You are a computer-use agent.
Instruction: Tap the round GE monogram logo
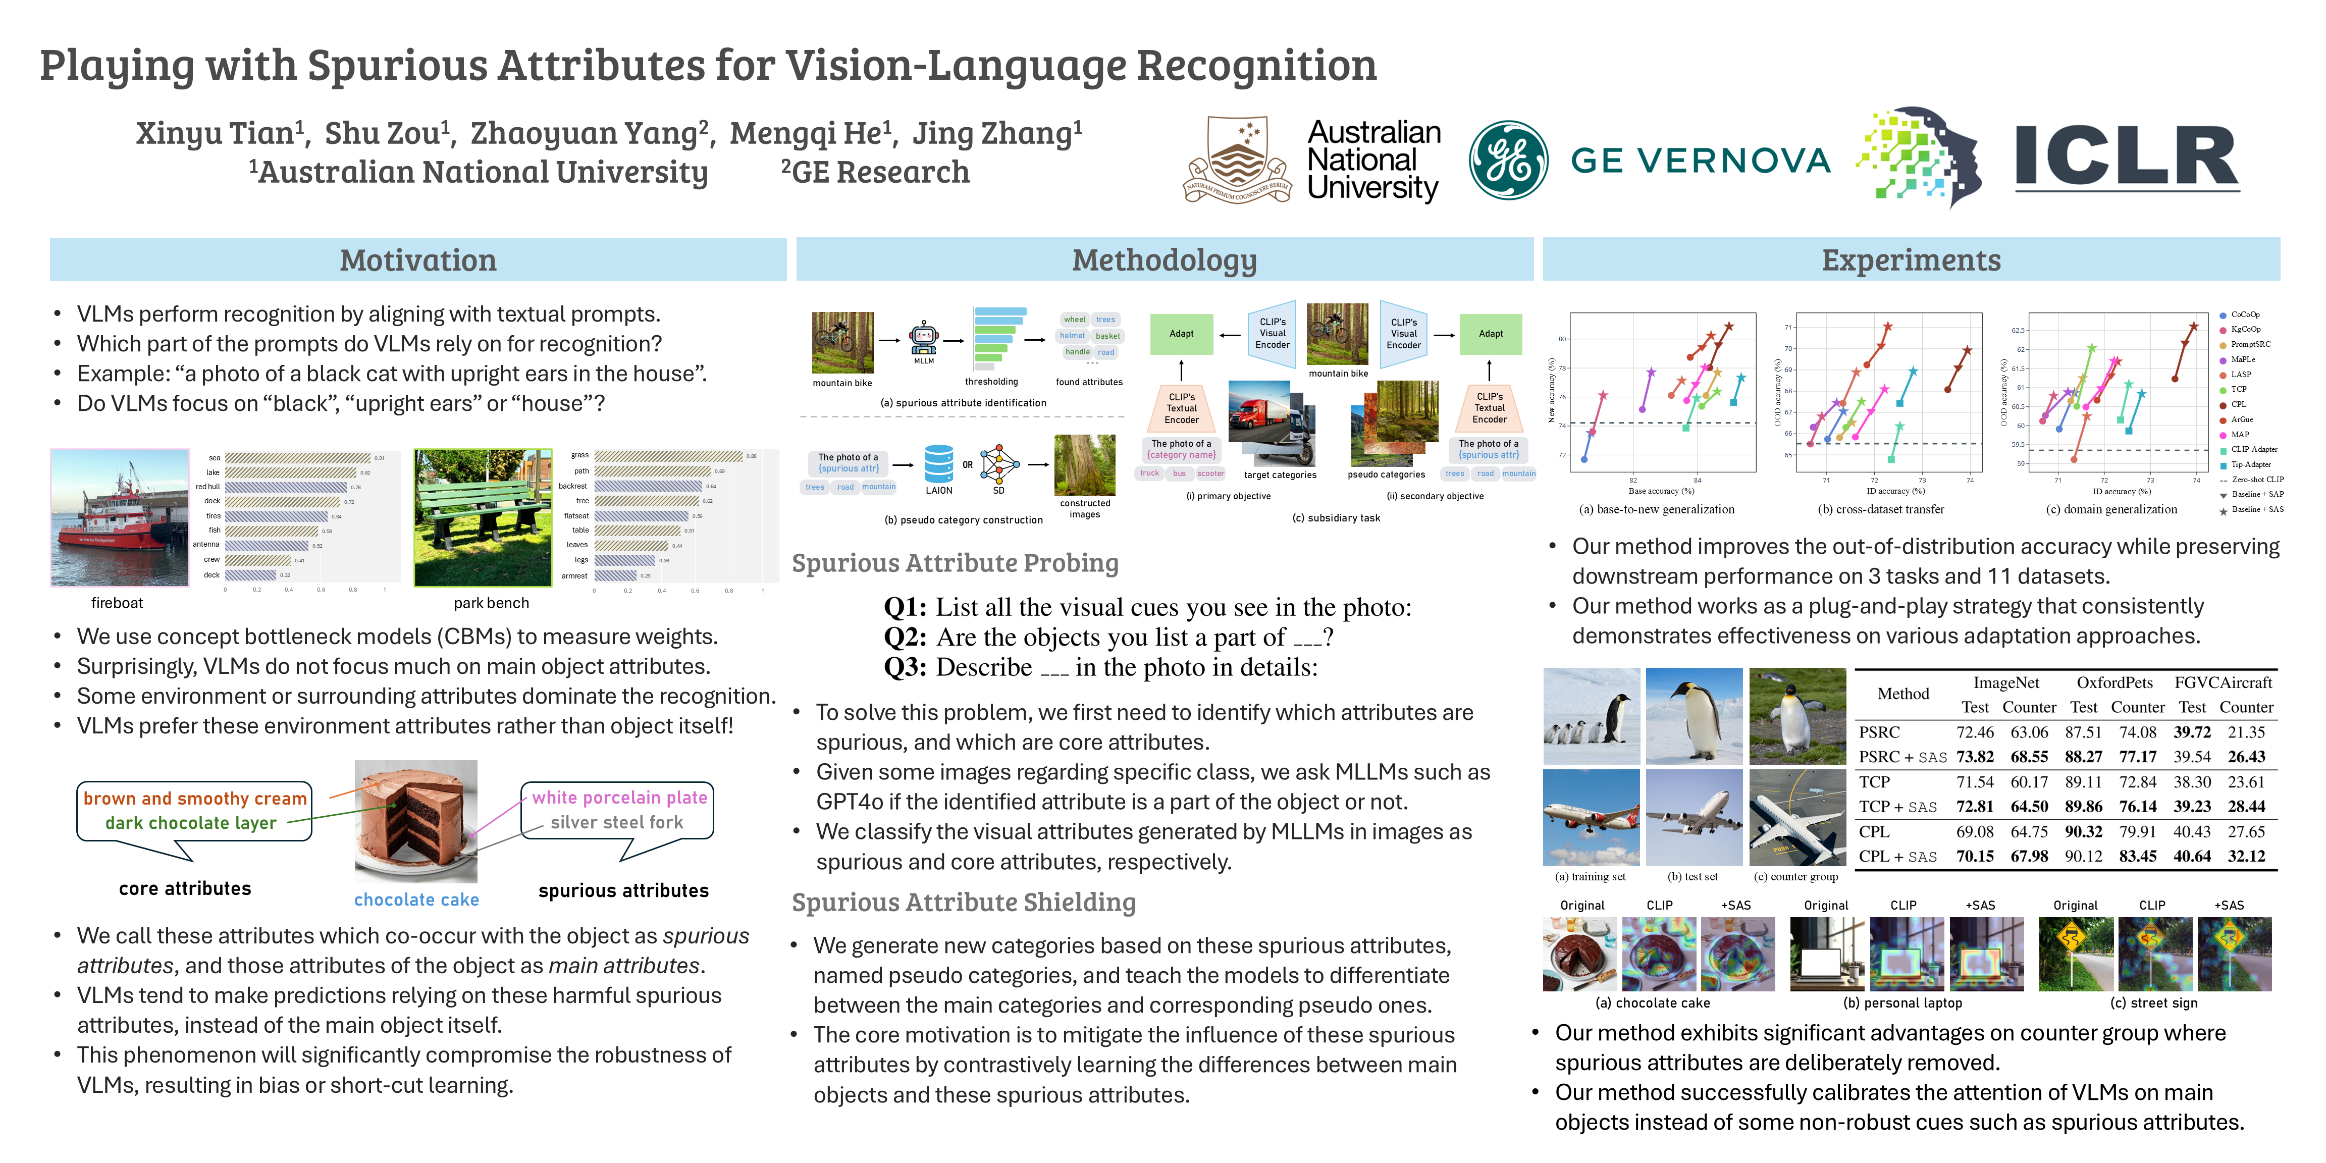tap(1507, 161)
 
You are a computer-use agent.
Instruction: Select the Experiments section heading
tap(1911, 260)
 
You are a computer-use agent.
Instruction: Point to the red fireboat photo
tap(119, 517)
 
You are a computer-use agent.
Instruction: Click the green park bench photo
tap(482, 517)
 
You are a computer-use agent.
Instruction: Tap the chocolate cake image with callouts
tap(416, 820)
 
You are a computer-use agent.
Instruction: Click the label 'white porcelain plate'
tap(619, 798)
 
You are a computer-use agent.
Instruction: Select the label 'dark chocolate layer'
tap(190, 823)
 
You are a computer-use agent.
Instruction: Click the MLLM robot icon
tap(924, 339)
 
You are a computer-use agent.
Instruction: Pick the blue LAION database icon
tap(938, 463)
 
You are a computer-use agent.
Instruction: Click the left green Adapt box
tap(1181, 334)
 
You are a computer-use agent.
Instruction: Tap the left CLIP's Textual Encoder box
tap(1181, 408)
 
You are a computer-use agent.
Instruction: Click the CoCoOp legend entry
tap(2245, 315)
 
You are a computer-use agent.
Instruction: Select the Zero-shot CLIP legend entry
tap(2256, 480)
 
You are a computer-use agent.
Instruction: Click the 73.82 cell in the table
tap(1975, 757)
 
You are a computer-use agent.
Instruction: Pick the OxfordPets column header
tap(2114, 682)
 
